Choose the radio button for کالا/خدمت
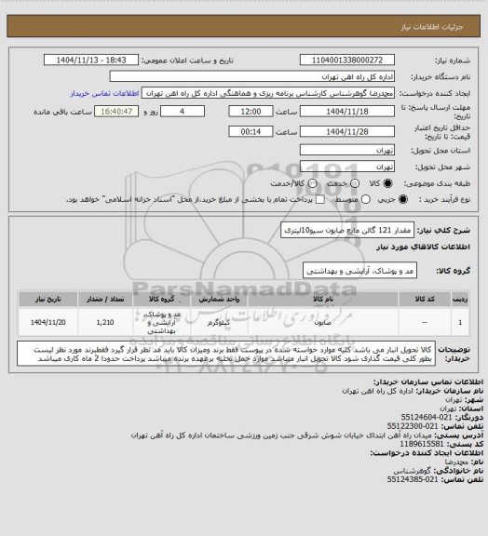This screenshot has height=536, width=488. pyautogui.click(x=291, y=181)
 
